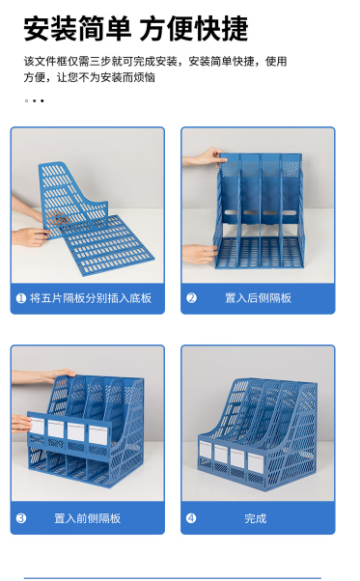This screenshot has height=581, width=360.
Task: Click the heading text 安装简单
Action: click(77, 29)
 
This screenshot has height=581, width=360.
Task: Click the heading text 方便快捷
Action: click(194, 29)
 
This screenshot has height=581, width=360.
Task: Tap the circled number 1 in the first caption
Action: click(20, 298)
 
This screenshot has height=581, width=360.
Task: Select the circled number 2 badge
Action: click(191, 298)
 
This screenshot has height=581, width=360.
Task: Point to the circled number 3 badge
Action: click(21, 518)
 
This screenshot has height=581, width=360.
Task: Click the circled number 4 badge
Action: click(191, 518)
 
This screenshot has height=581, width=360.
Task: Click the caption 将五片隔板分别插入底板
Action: click(91, 298)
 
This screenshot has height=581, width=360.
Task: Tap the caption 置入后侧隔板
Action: click(258, 298)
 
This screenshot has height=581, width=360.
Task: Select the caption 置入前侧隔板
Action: click(88, 518)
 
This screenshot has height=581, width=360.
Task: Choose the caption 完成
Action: click(256, 518)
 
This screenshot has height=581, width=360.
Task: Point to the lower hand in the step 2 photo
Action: click(199, 254)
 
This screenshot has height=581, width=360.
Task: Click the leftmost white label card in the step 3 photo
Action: click(37, 427)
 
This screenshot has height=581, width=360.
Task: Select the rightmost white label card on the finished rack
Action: click(256, 463)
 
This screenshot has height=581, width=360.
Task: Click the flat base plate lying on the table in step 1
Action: click(109, 244)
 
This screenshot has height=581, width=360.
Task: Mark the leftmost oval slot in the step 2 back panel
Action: click(231, 212)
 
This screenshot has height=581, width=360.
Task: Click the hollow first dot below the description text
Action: click(26, 100)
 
